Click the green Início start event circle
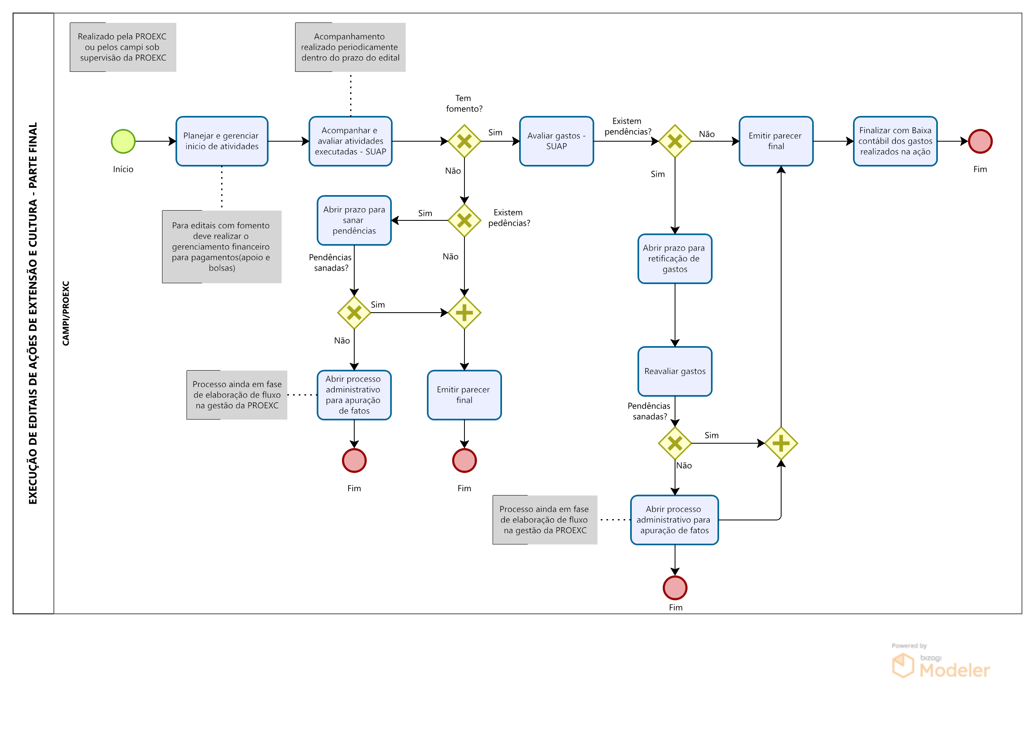tap(123, 142)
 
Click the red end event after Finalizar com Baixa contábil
tap(980, 142)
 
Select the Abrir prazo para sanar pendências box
tap(354, 220)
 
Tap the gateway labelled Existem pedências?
tap(464, 220)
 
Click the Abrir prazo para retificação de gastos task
tap(675, 259)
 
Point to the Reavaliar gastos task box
tap(675, 371)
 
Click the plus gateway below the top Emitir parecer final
tap(781, 443)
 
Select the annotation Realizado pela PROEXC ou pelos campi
tap(123, 47)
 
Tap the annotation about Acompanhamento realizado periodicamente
tap(350, 47)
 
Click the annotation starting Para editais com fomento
tap(221, 247)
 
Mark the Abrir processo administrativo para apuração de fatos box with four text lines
tap(354, 395)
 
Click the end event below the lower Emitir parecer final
tap(464, 460)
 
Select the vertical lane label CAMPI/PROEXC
tap(66, 313)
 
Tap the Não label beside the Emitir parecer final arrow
tap(706, 134)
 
